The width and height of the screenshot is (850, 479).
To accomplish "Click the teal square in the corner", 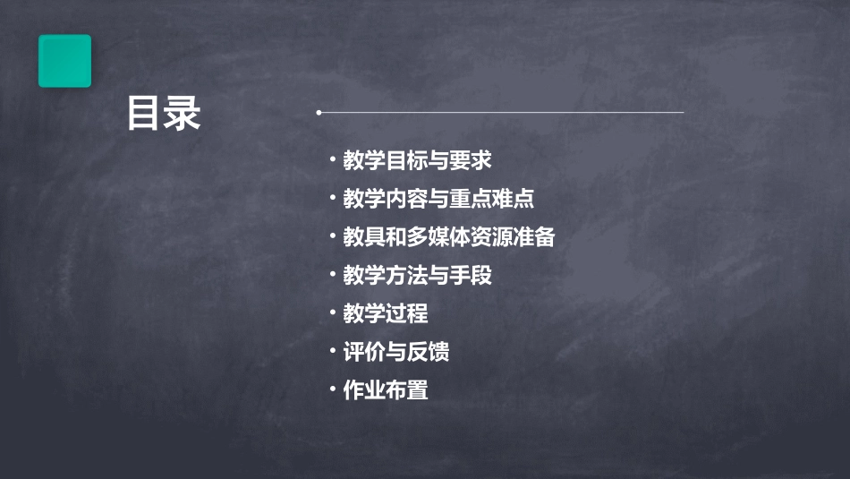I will coord(64,61).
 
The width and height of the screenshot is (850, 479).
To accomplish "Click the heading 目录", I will coord(164,114).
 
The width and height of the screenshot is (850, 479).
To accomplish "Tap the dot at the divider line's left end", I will coord(319,113).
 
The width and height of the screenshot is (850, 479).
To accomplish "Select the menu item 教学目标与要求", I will coord(417,161).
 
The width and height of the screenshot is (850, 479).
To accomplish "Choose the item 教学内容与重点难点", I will coord(438,199).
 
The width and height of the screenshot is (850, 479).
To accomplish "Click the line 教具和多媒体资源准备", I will coord(449,237).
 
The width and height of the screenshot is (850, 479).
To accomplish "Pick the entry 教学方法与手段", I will coord(417,275).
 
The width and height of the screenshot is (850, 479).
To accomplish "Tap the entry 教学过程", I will coord(386,313).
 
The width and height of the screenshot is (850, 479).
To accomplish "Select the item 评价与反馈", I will coord(396,352).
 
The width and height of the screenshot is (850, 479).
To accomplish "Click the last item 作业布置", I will coord(386,390).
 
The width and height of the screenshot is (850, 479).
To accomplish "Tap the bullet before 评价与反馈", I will coord(332,350).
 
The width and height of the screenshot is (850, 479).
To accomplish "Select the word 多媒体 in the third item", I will coord(438,237).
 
